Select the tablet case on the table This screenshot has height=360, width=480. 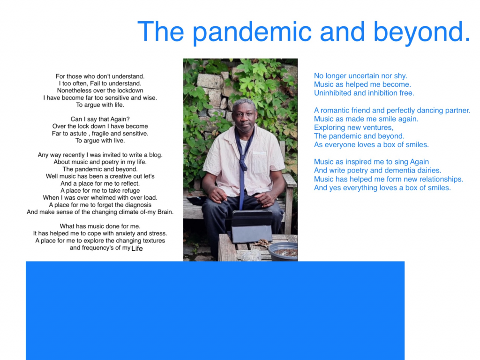252,226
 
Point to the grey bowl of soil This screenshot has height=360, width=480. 283,251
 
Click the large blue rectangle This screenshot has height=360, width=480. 215,310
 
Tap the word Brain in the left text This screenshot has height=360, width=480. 165,212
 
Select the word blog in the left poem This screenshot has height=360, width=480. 156,155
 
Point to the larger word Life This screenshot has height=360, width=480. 137,248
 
